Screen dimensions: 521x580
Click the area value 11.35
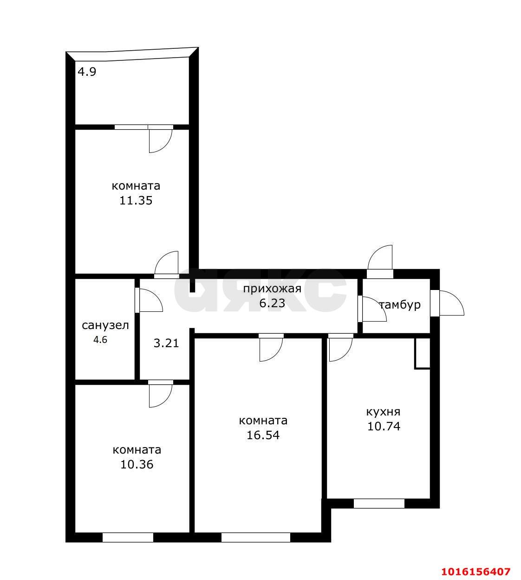136,201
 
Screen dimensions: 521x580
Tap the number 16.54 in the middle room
263,435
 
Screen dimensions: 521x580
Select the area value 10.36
137,464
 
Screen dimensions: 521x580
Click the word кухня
383,412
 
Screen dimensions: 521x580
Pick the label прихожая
272,289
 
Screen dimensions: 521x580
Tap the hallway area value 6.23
272,303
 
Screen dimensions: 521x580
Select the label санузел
105,325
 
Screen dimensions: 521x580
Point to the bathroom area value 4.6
100,340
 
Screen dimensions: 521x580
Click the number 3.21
166,343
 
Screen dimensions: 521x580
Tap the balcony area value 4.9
87,72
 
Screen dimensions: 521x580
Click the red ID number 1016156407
475,572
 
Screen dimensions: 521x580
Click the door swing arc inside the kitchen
346,356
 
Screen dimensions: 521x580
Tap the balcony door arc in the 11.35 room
166,146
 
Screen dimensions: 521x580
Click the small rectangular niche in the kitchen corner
423,354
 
